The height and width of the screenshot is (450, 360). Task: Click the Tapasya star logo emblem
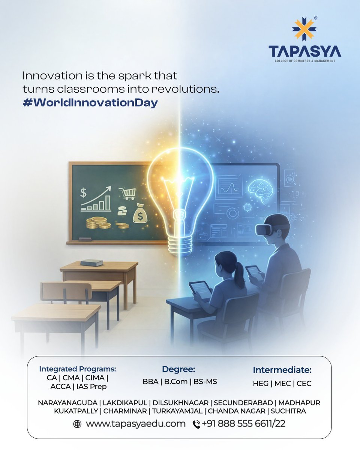(304, 29)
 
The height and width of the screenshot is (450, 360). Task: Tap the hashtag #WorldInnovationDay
(90, 103)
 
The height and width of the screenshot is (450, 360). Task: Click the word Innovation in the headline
(48, 76)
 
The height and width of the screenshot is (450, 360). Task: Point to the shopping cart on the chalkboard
(127, 193)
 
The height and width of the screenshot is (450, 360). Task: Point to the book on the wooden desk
(91, 262)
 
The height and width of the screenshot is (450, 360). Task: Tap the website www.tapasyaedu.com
(136, 424)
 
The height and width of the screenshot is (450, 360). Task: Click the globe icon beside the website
(78, 424)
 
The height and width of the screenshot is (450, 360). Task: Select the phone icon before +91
(196, 424)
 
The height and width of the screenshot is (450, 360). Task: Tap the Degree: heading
(178, 369)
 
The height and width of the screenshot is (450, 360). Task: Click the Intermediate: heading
(282, 370)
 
